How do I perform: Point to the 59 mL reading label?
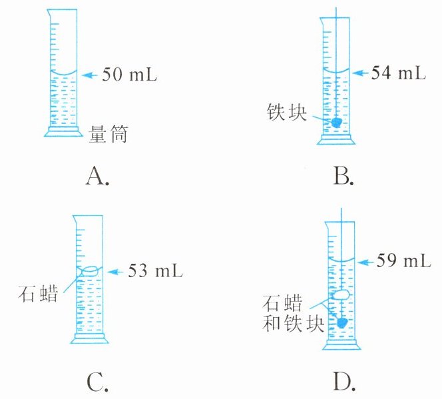coord(405,260)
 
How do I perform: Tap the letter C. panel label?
coord(97,382)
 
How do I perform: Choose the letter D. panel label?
coord(345,382)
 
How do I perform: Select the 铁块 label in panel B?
coord(286,111)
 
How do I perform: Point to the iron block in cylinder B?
coord(337,123)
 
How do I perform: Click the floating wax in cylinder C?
coord(90,270)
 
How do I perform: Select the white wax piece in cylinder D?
coord(341,293)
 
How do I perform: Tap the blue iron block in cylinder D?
coord(343,322)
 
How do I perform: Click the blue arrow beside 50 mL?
coord(89,75)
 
